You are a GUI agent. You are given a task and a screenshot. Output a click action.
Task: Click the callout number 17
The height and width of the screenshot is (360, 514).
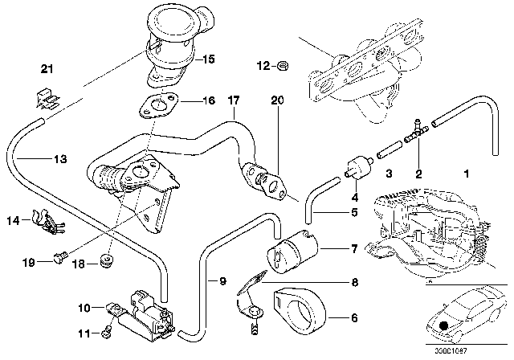coord(232,101)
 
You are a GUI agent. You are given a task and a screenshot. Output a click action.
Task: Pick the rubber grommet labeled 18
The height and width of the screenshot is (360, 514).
coord(105,261)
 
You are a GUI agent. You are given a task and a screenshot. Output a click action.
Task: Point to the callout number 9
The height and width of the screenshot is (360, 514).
coord(213,280)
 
